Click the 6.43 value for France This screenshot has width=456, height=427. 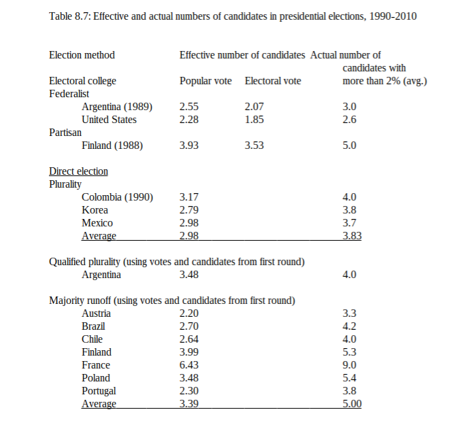click(189, 365)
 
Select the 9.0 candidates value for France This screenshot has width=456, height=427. click(350, 365)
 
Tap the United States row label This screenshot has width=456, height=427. click(109, 120)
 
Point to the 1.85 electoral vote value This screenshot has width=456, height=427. click(254, 120)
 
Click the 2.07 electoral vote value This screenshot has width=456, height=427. click(254, 107)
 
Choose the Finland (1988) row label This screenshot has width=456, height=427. click(112, 146)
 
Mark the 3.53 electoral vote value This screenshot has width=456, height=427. click(254, 146)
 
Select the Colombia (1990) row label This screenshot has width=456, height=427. click(117, 197)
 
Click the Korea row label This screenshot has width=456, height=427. click(95, 210)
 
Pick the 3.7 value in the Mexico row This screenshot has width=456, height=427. click(350, 223)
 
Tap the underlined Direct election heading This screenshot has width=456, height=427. click(78, 171)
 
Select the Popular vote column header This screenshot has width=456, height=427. click(206, 81)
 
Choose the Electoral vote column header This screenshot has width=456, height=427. click(273, 81)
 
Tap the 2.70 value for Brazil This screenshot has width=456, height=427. click(189, 326)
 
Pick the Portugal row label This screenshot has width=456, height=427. click(99, 391)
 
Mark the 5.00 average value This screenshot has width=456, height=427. click(352, 404)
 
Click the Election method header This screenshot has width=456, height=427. click(82, 55)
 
